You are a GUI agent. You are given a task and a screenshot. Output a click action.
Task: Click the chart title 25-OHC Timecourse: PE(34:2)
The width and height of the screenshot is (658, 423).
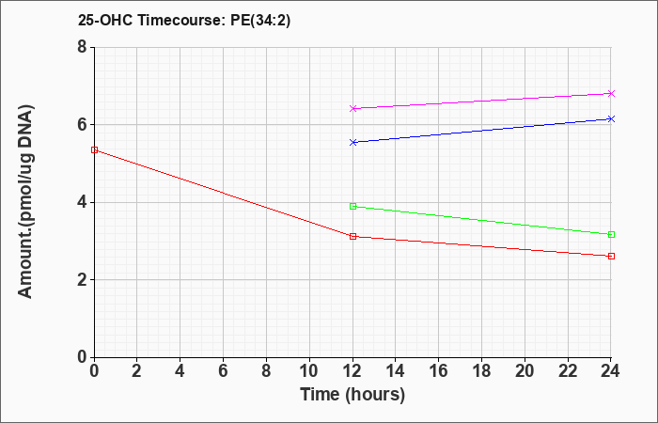(x=184, y=20)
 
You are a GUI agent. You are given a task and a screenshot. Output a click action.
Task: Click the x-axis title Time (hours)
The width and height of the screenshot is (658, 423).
(x=352, y=395)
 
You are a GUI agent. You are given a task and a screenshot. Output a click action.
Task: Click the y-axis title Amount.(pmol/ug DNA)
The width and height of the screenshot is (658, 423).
(x=26, y=202)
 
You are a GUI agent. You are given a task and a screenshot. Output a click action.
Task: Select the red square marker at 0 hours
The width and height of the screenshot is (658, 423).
(x=94, y=149)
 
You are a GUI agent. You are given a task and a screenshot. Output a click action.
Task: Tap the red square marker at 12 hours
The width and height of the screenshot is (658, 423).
(x=352, y=237)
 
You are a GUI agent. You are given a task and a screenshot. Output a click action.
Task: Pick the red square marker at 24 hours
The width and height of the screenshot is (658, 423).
(x=611, y=256)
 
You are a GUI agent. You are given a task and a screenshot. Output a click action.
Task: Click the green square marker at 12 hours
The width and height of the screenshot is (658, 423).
(x=352, y=206)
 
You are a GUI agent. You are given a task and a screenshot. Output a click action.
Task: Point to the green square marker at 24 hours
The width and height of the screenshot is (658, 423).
(x=611, y=235)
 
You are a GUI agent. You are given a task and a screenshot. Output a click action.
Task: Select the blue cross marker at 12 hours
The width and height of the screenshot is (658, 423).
(x=352, y=142)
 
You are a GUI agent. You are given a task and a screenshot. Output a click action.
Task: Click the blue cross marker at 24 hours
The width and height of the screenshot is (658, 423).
(x=611, y=118)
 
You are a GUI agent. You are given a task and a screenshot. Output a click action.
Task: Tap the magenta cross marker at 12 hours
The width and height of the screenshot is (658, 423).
(x=352, y=108)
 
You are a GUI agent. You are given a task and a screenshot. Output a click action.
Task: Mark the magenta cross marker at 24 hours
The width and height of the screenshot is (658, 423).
(x=611, y=93)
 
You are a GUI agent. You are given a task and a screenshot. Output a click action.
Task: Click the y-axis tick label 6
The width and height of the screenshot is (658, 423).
(x=82, y=125)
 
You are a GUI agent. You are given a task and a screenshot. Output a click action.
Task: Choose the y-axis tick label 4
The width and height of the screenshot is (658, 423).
(x=82, y=202)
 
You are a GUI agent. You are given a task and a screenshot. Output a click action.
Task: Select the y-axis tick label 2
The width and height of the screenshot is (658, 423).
(x=82, y=280)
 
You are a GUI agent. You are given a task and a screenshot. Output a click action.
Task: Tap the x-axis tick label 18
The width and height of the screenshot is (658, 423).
(x=481, y=371)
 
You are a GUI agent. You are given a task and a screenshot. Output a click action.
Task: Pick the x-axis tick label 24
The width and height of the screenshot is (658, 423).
(x=610, y=371)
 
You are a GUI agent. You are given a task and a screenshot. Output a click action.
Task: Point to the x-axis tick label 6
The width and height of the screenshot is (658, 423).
(x=224, y=371)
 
